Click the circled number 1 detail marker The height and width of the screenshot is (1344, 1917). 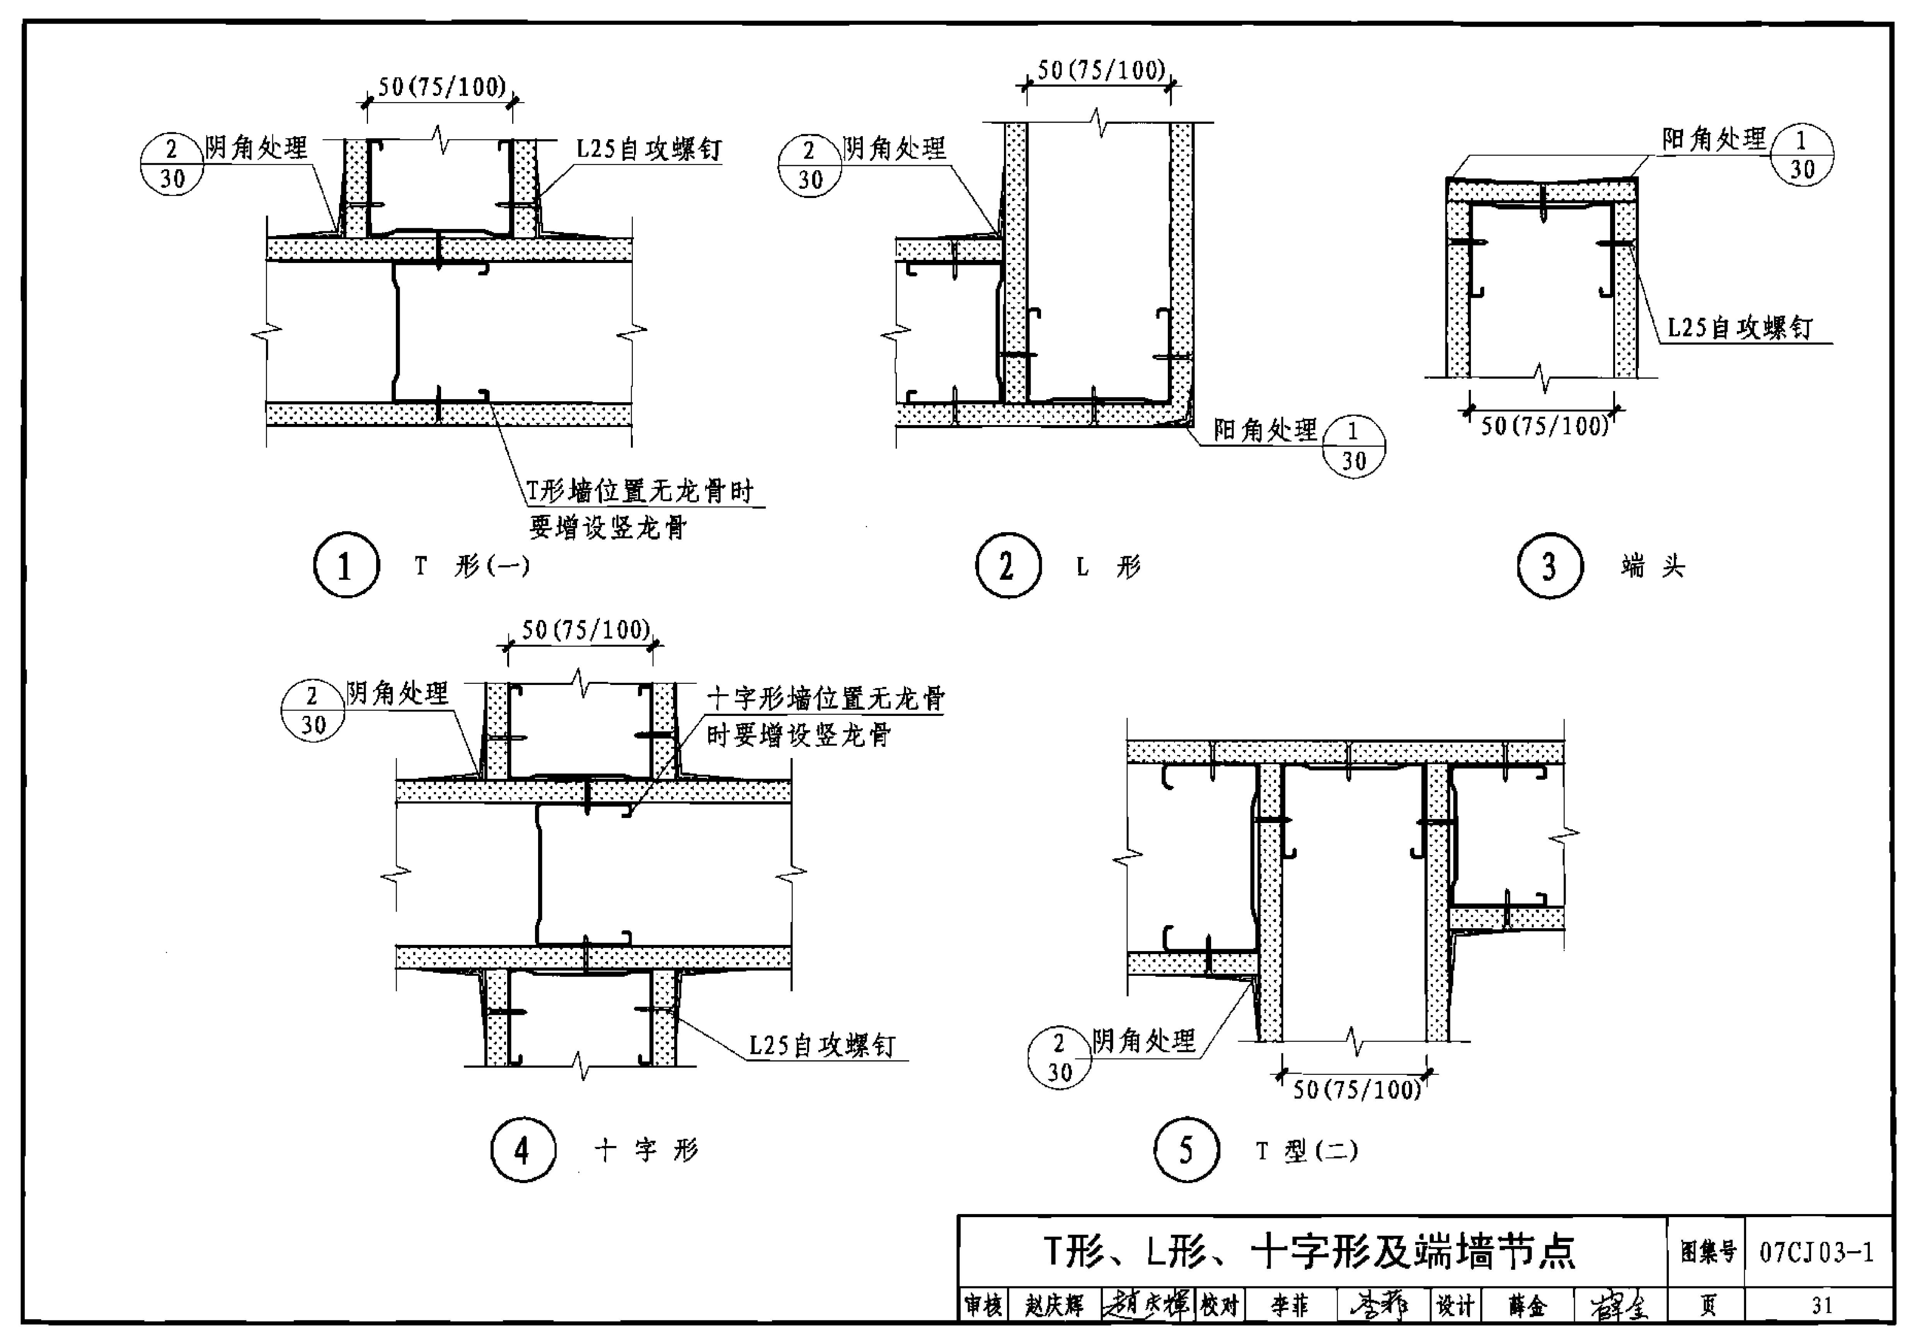(x=346, y=565)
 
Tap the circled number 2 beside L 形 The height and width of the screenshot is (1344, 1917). (x=1008, y=565)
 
